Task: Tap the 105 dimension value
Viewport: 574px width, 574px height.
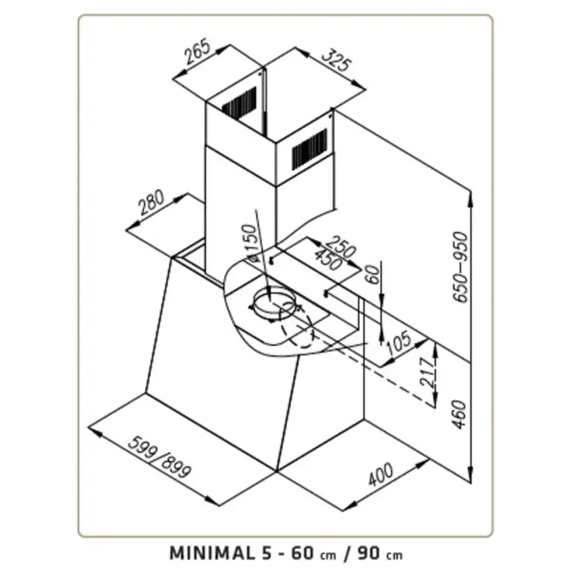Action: [400, 345]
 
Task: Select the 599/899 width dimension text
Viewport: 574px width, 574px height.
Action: [160, 457]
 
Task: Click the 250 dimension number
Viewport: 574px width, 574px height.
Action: [339, 246]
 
